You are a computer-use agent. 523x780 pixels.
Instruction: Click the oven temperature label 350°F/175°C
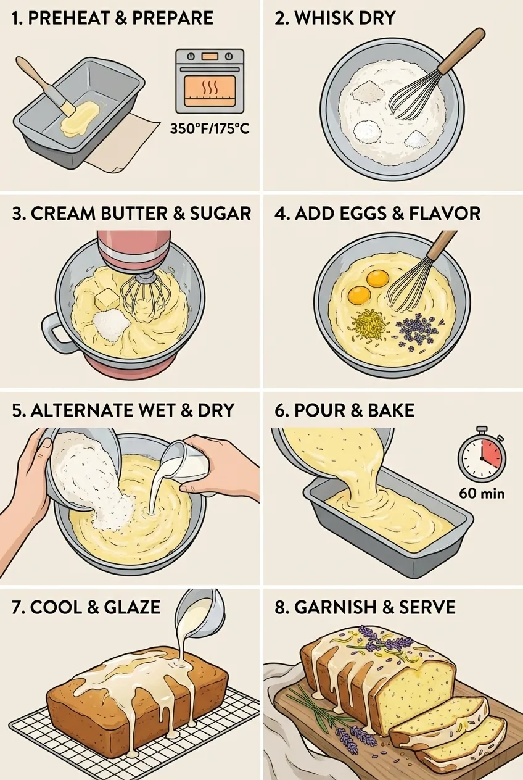point(210,129)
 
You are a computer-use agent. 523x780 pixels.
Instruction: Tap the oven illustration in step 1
point(210,81)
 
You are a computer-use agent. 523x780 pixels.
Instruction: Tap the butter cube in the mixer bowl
point(108,300)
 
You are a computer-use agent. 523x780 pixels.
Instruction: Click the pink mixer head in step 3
point(134,251)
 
